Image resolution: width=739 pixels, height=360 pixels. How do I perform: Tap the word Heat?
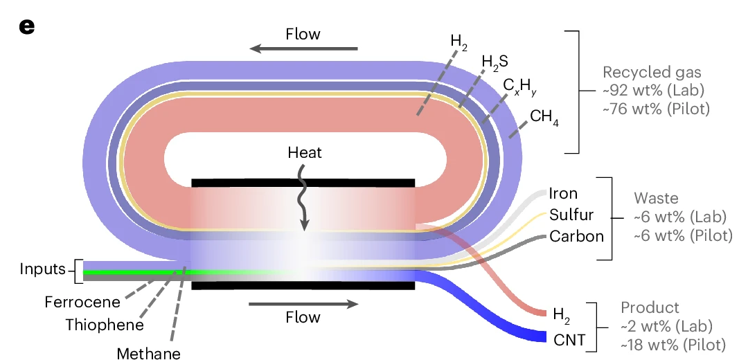click(305, 152)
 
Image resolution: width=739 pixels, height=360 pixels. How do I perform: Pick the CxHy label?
click(519, 87)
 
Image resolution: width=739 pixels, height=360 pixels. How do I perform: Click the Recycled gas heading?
click(652, 73)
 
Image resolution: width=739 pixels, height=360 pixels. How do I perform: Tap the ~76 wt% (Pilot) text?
click(657, 109)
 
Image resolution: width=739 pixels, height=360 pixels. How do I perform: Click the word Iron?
click(563, 194)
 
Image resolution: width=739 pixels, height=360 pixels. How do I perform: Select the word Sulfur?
click(571, 215)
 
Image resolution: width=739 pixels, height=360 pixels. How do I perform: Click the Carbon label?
click(576, 236)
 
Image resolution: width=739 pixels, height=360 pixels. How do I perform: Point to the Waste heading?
click(657, 199)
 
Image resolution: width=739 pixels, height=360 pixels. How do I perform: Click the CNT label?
click(569, 339)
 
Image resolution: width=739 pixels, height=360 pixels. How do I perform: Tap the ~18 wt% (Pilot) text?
click(671, 344)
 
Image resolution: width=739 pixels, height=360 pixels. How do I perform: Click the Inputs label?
click(43, 269)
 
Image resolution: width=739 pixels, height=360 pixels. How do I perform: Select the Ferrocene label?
click(82, 302)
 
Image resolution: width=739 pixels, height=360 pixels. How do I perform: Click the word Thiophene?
click(105, 325)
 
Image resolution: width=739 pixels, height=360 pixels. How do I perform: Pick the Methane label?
click(148, 353)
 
